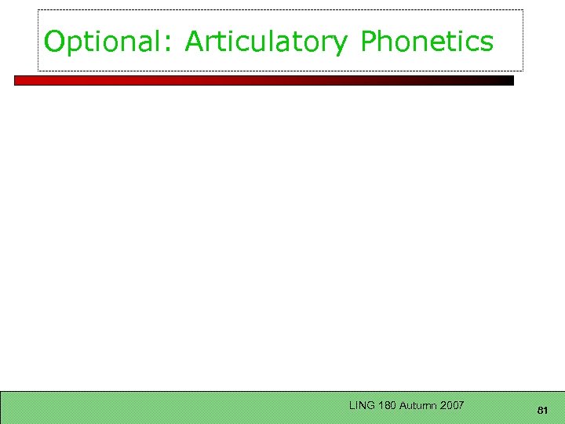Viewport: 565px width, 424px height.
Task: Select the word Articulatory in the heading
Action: coord(265,42)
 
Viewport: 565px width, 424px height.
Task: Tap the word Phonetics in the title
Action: coord(427,42)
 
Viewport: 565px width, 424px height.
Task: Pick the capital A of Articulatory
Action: coord(193,42)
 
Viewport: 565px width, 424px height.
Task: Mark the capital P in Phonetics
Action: coord(368,42)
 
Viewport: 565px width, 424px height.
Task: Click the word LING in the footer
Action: coord(362,406)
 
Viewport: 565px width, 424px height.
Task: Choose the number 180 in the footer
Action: coord(386,406)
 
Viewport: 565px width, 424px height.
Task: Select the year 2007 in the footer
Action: coord(453,406)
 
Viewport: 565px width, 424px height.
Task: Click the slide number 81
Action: coord(542,411)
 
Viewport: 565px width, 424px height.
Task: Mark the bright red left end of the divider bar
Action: coord(24,80)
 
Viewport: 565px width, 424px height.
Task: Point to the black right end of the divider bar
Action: coord(506,80)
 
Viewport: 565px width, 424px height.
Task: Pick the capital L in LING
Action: coord(352,406)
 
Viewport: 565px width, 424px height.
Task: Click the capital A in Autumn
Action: coord(403,406)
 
